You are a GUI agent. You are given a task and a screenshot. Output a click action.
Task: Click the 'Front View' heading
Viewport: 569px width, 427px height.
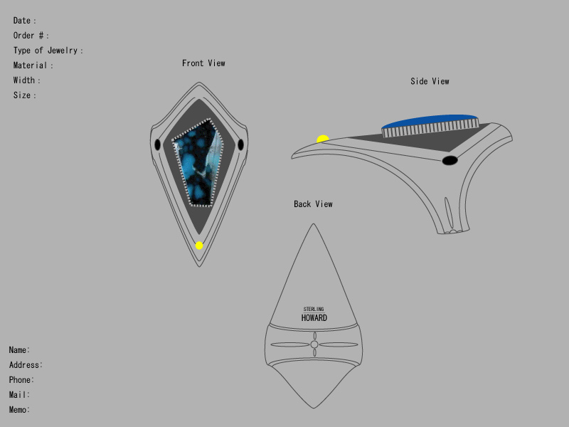pyautogui.click(x=203, y=63)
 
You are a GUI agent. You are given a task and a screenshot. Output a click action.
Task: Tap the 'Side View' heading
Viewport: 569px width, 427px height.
pyautogui.click(x=430, y=81)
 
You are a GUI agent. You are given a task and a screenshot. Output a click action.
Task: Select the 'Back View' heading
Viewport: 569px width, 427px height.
pyautogui.click(x=313, y=204)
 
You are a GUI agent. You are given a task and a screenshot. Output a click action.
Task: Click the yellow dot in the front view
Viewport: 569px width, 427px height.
pyautogui.click(x=199, y=246)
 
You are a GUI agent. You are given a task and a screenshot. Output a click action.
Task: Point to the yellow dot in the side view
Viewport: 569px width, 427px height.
pyautogui.click(x=323, y=139)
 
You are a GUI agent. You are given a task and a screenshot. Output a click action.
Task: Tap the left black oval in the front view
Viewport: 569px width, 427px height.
pyautogui.click(x=157, y=144)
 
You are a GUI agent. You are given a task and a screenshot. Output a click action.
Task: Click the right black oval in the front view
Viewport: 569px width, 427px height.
pyautogui.click(x=240, y=144)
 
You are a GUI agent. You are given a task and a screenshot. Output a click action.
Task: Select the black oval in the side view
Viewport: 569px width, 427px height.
pyautogui.click(x=450, y=160)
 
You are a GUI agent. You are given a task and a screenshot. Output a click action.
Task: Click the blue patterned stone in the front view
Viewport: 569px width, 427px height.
pyautogui.click(x=198, y=163)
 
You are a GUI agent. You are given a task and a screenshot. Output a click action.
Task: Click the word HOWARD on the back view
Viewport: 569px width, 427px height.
pyautogui.click(x=314, y=318)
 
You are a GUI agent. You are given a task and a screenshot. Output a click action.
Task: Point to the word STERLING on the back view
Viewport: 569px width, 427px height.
pyautogui.click(x=314, y=309)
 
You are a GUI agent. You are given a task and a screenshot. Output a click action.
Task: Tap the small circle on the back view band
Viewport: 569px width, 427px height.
pyautogui.click(x=314, y=344)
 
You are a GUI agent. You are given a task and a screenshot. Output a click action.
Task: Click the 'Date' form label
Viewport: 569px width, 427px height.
pyautogui.click(x=22, y=21)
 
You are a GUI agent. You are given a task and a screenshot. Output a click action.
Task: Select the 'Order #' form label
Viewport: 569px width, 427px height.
pyautogui.click(x=28, y=36)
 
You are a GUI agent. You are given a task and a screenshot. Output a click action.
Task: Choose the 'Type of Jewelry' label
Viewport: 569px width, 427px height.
pyautogui.click(x=46, y=51)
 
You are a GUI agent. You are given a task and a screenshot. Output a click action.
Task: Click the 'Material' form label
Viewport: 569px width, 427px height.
pyautogui.click(x=30, y=65)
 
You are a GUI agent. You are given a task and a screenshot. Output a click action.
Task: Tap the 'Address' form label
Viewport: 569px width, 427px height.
pyautogui.click(x=24, y=364)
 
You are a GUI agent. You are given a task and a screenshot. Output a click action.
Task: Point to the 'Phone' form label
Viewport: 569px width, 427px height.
pyautogui.click(x=20, y=380)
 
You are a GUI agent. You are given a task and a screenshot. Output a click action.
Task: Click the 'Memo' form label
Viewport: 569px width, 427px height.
pyautogui.click(x=18, y=410)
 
